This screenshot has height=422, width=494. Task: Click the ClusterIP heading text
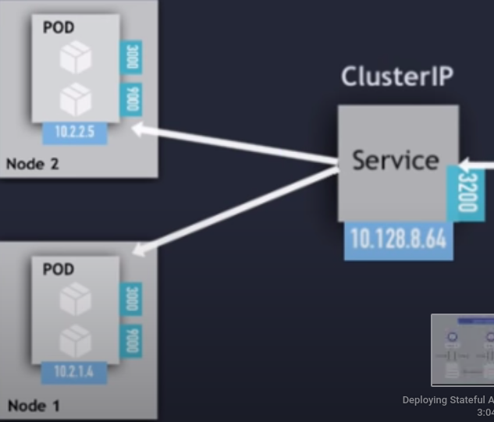point(397,76)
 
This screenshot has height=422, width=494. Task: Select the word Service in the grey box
point(395,160)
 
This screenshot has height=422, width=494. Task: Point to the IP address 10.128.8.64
point(399,239)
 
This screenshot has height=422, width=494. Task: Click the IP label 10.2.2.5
point(74,132)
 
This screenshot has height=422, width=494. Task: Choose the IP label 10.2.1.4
point(74,372)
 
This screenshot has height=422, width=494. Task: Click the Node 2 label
point(32,164)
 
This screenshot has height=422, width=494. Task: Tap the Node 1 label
point(32,406)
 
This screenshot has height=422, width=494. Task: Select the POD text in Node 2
point(59,28)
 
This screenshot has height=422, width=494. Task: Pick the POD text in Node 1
point(59,269)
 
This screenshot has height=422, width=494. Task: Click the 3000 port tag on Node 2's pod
point(131,58)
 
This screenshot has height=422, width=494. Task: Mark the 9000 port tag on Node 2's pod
point(131,100)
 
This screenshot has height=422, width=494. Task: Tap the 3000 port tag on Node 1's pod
point(131,299)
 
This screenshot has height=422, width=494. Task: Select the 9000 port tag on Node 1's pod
point(131,341)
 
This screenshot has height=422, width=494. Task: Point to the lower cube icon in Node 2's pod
point(76,100)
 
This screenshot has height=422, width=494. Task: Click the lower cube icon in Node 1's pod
point(76,341)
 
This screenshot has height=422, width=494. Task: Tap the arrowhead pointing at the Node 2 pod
point(139,129)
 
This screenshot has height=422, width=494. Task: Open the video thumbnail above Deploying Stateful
point(464,349)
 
